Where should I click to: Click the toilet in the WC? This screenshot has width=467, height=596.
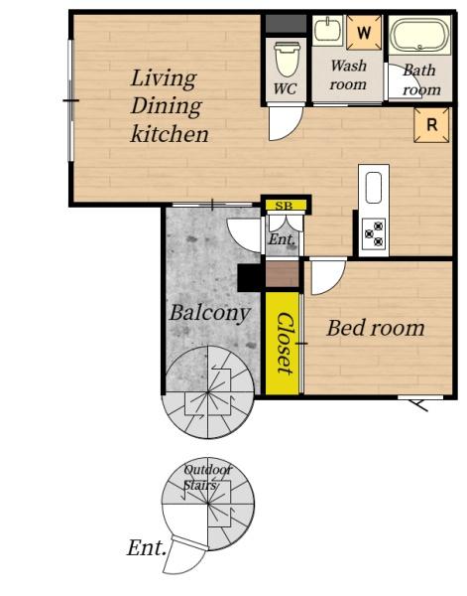pyautogui.click(x=287, y=60)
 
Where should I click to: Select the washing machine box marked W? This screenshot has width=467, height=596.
pyautogui.click(x=364, y=33)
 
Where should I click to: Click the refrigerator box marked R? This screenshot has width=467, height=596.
pyautogui.click(x=431, y=125)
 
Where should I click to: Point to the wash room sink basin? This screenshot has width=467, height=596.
pyautogui.click(x=328, y=30)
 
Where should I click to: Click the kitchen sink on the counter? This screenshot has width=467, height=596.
pyautogui.click(x=374, y=188)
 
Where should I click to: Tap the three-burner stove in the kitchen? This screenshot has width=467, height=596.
pyautogui.click(x=374, y=233)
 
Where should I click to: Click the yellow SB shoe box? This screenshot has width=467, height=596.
pyautogui.click(x=286, y=206)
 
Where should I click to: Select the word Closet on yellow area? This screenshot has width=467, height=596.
pyautogui.click(x=285, y=344)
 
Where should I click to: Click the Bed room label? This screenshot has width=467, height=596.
pyautogui.click(x=376, y=328)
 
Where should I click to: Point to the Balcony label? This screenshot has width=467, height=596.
pyautogui.click(x=210, y=313)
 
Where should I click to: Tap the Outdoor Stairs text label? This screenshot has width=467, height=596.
pyautogui.click(x=207, y=477)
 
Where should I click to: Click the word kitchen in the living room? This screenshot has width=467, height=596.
pyautogui.click(x=170, y=134)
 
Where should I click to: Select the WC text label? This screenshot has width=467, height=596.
pyautogui.click(x=286, y=88)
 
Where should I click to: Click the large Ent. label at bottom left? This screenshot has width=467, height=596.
pyautogui.click(x=147, y=547)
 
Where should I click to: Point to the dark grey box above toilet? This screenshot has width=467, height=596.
pyautogui.click(x=286, y=24)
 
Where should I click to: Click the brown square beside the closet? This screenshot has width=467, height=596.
pyautogui.click(x=283, y=274)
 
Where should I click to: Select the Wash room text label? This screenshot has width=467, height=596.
pyautogui.click(x=348, y=74)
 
